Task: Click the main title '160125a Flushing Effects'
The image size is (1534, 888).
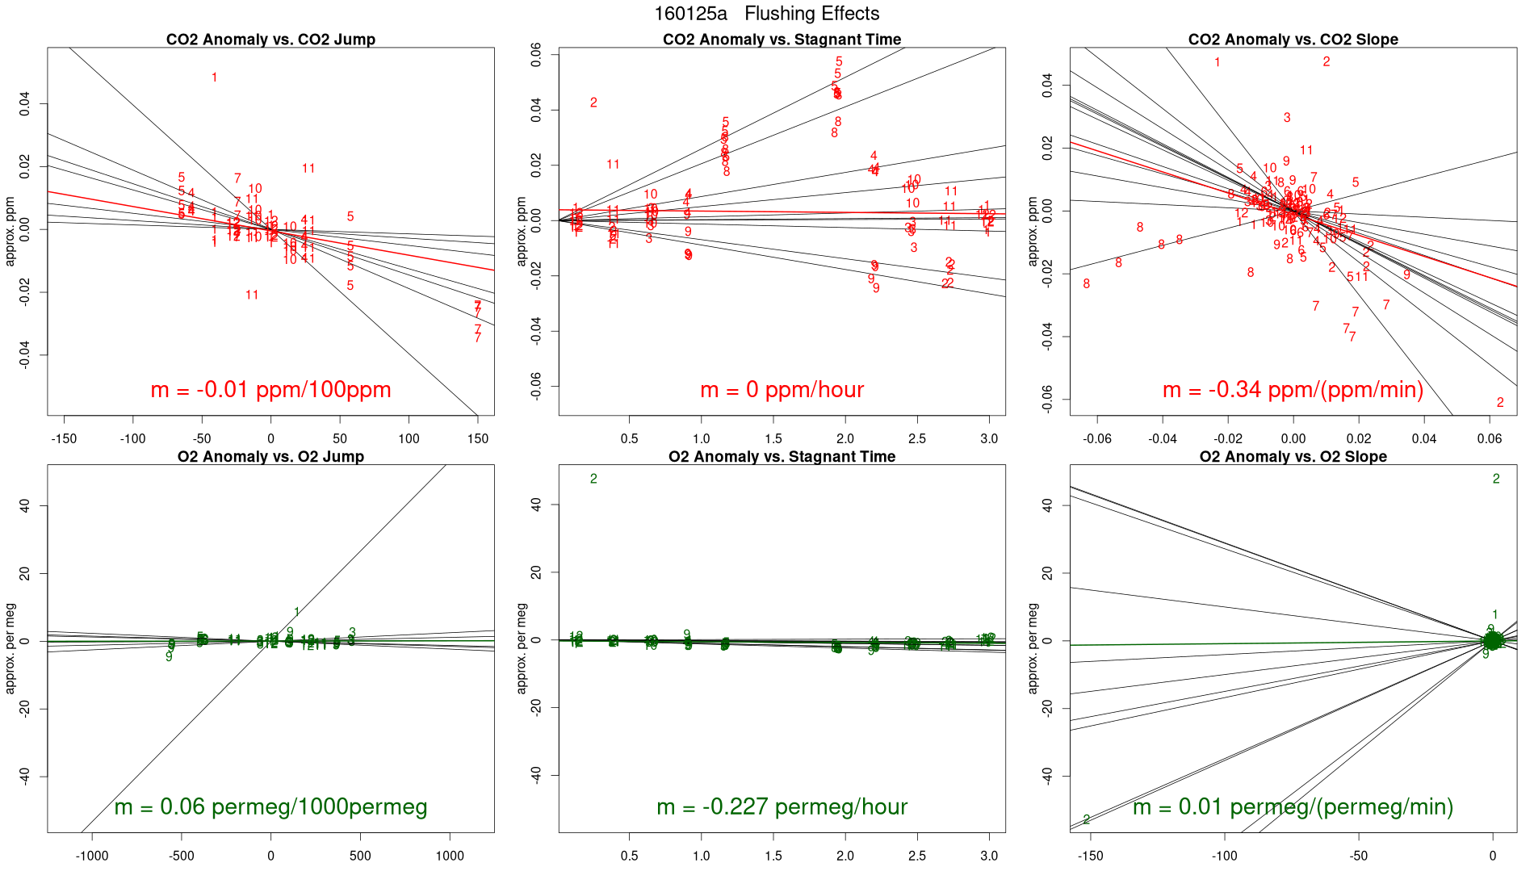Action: pyautogui.click(x=766, y=14)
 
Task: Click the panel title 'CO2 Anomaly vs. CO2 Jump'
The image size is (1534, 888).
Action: pyautogui.click(x=270, y=40)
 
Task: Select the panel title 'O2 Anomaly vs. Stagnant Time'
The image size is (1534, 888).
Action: pyautogui.click(x=782, y=457)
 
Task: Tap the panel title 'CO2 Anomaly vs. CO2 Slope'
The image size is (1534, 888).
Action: pyautogui.click(x=1293, y=40)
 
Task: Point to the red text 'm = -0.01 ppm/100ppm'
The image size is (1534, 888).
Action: pyautogui.click(x=270, y=390)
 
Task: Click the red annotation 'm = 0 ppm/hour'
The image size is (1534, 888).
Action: pyautogui.click(x=782, y=390)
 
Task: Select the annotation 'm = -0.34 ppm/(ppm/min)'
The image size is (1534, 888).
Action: pyautogui.click(x=1293, y=390)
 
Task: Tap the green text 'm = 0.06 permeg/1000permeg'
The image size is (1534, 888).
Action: pyautogui.click(x=270, y=807)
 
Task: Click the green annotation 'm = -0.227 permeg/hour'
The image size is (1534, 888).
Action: pyautogui.click(x=782, y=807)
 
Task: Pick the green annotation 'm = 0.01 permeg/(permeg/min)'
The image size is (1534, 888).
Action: pyautogui.click(x=1293, y=807)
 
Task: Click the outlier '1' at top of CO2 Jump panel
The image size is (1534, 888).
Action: pyautogui.click(x=214, y=77)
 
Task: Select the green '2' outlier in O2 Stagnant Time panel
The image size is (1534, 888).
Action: pyautogui.click(x=593, y=480)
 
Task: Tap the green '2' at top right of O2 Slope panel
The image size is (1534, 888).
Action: pyautogui.click(x=1496, y=480)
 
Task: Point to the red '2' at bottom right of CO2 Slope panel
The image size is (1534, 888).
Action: pyautogui.click(x=1500, y=403)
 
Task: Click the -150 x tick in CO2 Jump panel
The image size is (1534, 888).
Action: pyautogui.click(x=64, y=439)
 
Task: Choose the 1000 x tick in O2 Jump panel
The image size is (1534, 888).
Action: pyautogui.click(x=450, y=857)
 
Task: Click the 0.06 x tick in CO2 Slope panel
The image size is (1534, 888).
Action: pyautogui.click(x=1490, y=439)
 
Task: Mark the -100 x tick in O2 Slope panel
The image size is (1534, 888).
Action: pyautogui.click(x=1225, y=857)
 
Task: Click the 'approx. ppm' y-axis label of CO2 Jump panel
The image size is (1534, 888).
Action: pyautogui.click(x=11, y=232)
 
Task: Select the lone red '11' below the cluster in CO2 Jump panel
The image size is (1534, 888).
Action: pyautogui.click(x=252, y=295)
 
